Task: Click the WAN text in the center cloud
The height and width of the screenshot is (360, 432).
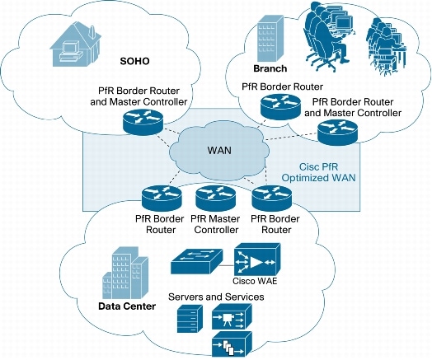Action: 216,151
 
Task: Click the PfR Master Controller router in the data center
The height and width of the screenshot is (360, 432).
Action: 212,198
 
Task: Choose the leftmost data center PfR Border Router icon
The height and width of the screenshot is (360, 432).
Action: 158,198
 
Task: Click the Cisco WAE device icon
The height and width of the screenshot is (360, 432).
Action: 252,262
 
